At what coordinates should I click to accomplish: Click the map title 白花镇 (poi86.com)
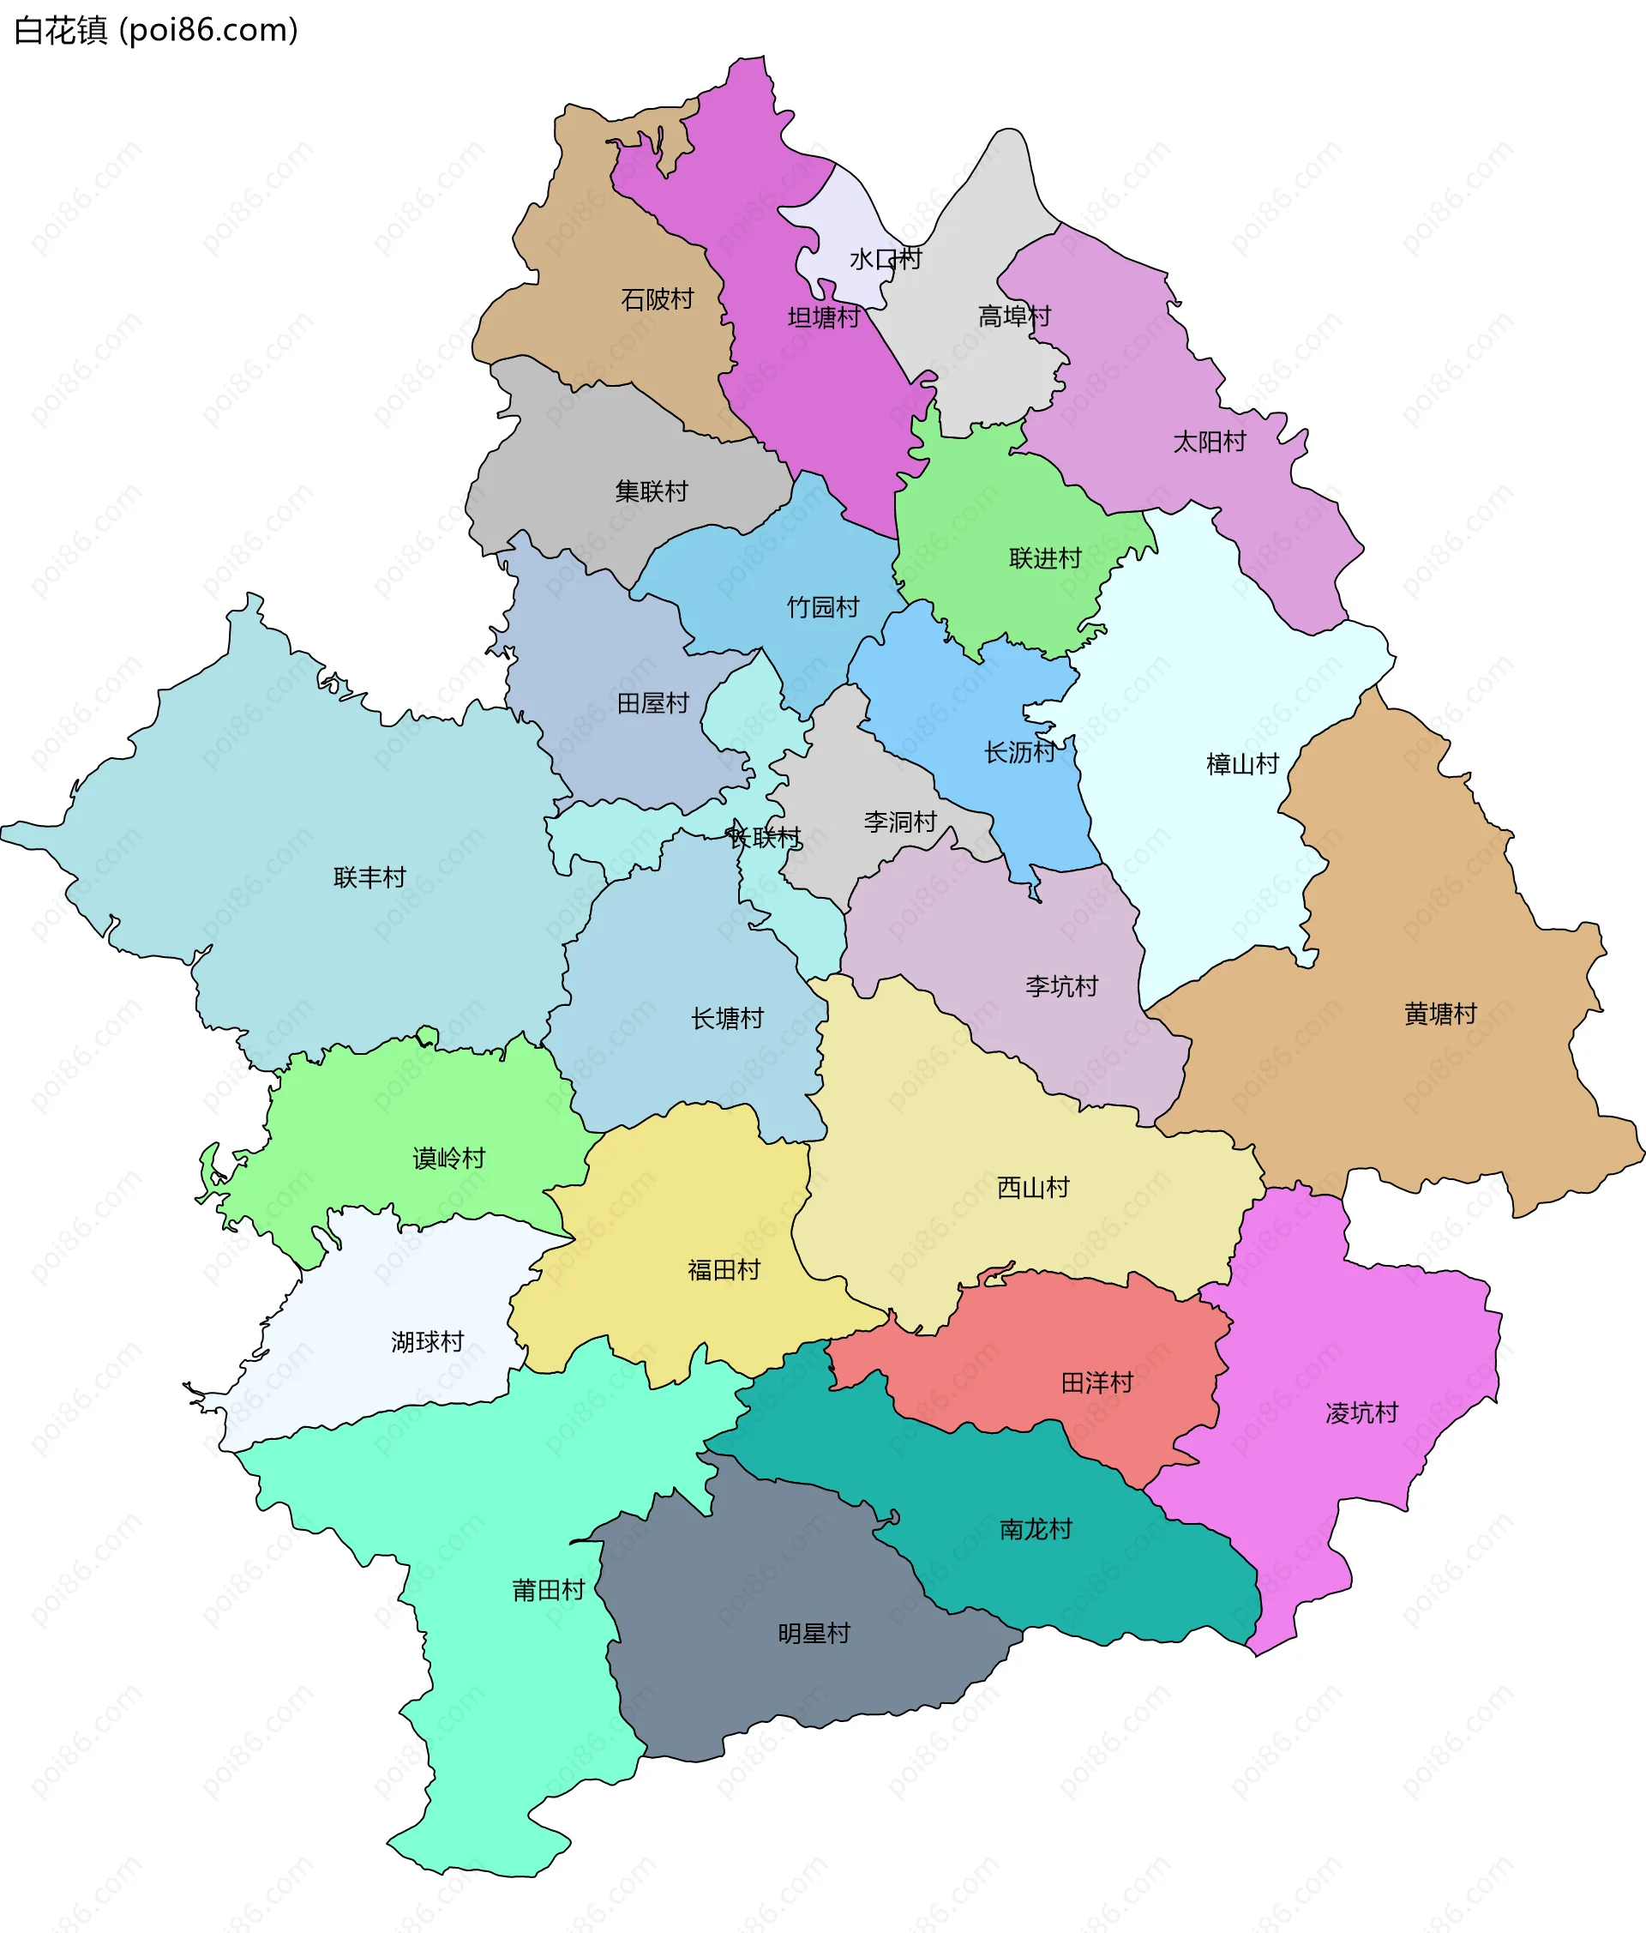pyautogui.click(x=156, y=31)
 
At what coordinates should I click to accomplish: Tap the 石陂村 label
pyautogui.click(x=658, y=299)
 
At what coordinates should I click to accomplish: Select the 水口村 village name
pyautogui.click(x=885, y=258)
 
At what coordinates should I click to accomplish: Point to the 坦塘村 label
pyautogui.click(x=824, y=317)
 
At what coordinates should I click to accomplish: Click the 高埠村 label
pyautogui.click(x=1013, y=316)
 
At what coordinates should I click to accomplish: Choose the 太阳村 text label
pyautogui.click(x=1209, y=442)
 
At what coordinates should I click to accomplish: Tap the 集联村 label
pyautogui.click(x=651, y=491)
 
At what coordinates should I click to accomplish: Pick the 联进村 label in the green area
pyautogui.click(x=1044, y=558)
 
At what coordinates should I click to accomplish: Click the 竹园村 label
pyautogui.click(x=822, y=607)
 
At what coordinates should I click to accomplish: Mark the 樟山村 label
pyautogui.click(x=1242, y=764)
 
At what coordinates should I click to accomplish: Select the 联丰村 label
pyautogui.click(x=369, y=877)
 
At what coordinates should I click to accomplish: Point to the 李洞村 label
pyautogui.click(x=899, y=822)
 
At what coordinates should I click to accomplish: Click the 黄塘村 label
pyautogui.click(x=1440, y=1013)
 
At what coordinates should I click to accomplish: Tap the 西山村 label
pyautogui.click(x=1032, y=1187)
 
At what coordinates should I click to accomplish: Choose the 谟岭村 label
pyautogui.click(x=448, y=1158)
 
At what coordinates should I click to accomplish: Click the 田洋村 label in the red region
pyautogui.click(x=1096, y=1382)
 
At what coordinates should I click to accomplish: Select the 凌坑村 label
pyautogui.click(x=1361, y=1412)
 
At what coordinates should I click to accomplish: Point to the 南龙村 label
pyautogui.click(x=1035, y=1529)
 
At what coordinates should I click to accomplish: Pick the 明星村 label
pyautogui.click(x=814, y=1633)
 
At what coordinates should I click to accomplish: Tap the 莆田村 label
pyautogui.click(x=549, y=1590)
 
